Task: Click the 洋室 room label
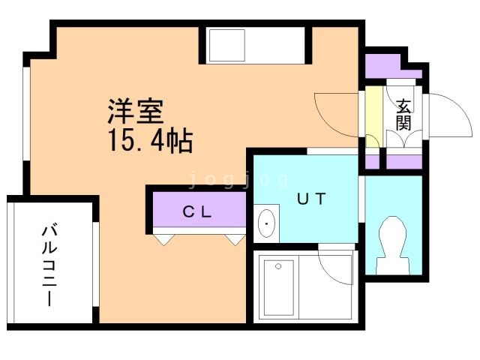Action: click(x=135, y=112)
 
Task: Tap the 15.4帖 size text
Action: click(x=150, y=140)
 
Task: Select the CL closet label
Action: click(x=198, y=211)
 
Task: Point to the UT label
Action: click(x=310, y=199)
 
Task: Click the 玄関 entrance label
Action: click(x=404, y=114)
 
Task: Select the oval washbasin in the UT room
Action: click(x=266, y=223)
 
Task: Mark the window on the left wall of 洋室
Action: click(x=27, y=112)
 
